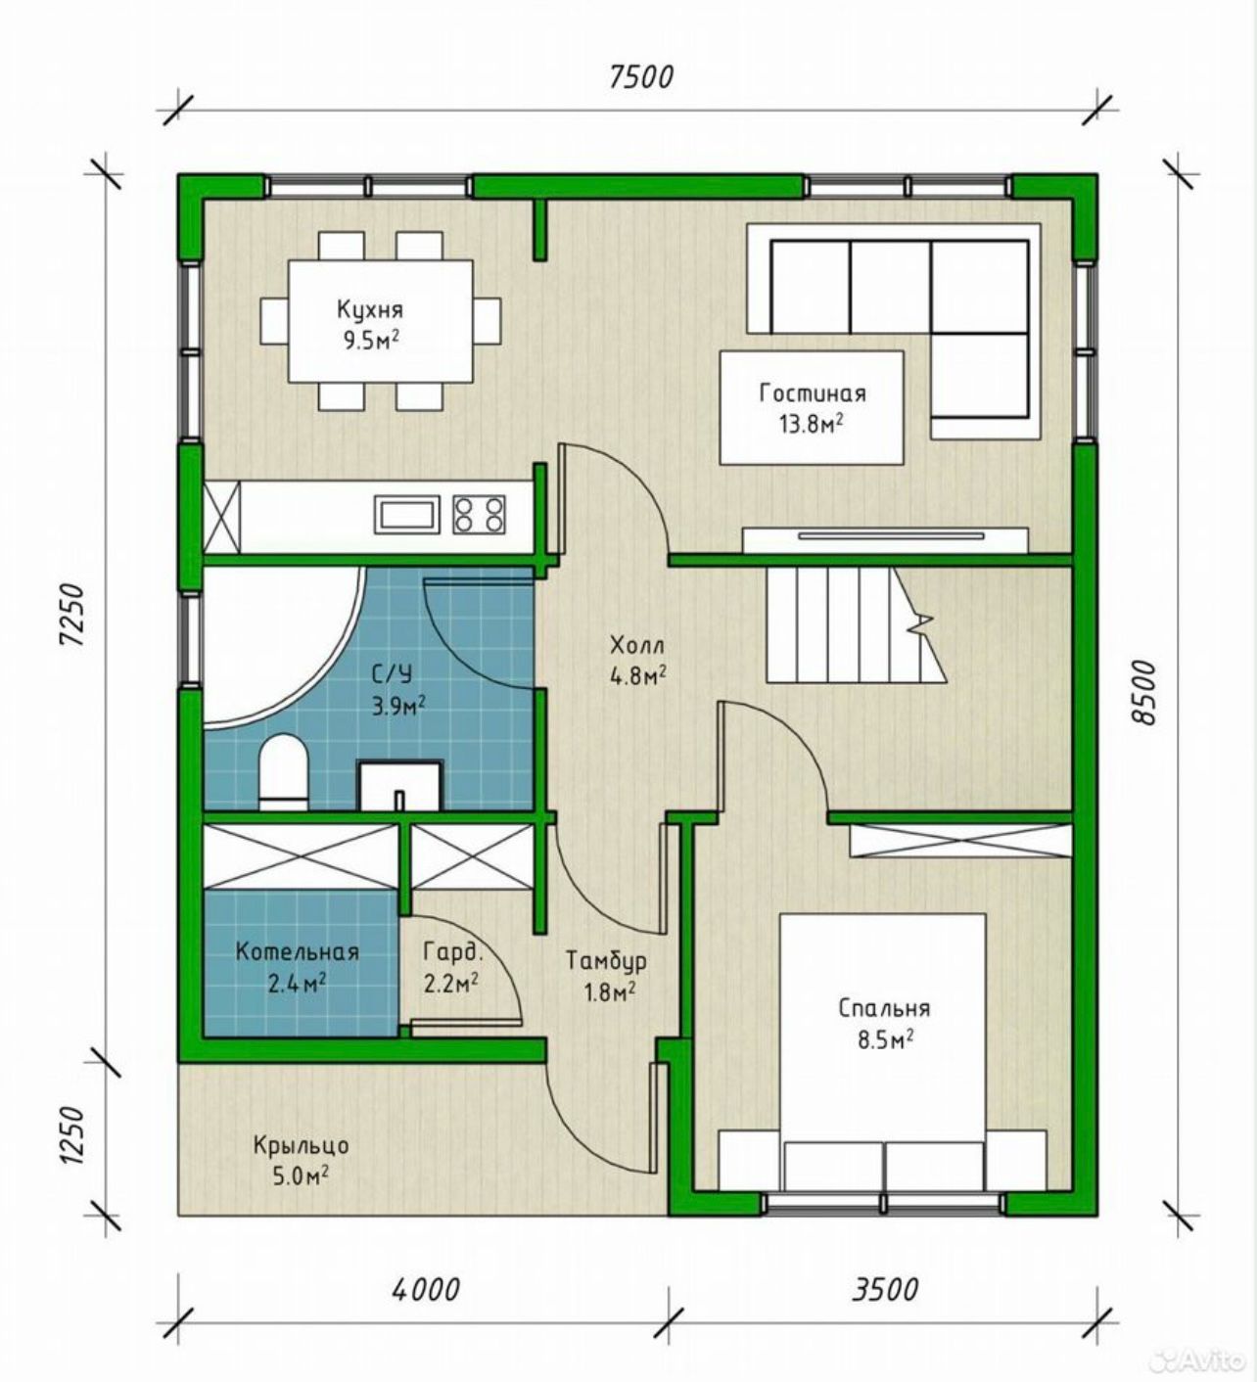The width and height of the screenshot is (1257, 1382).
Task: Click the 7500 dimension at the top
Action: pos(640,77)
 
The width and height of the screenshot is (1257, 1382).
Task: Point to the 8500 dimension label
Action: pos(1141,691)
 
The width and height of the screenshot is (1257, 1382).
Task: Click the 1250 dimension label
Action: pos(72,1134)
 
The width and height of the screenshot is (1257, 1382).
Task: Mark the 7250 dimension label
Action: pos(72,616)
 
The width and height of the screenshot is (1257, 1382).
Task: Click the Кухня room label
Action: pos(369,309)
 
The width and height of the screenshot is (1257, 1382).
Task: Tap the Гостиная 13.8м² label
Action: pos(813,408)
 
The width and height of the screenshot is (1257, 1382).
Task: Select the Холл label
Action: pos(636,646)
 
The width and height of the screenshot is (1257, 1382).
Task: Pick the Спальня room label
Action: pos(884,1008)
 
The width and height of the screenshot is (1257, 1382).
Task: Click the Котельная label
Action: pos(297,951)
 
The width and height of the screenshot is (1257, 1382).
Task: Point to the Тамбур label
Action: pos(606,960)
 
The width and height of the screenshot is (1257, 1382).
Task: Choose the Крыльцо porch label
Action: pos(301,1145)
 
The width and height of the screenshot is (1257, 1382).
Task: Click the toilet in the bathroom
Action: pos(283,771)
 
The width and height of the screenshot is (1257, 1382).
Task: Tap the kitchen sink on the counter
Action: pos(407,515)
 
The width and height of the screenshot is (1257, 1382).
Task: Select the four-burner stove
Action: pos(479,515)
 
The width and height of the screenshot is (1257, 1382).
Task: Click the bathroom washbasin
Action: pos(400,785)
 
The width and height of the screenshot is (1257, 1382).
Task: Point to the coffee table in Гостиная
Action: pos(812,407)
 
